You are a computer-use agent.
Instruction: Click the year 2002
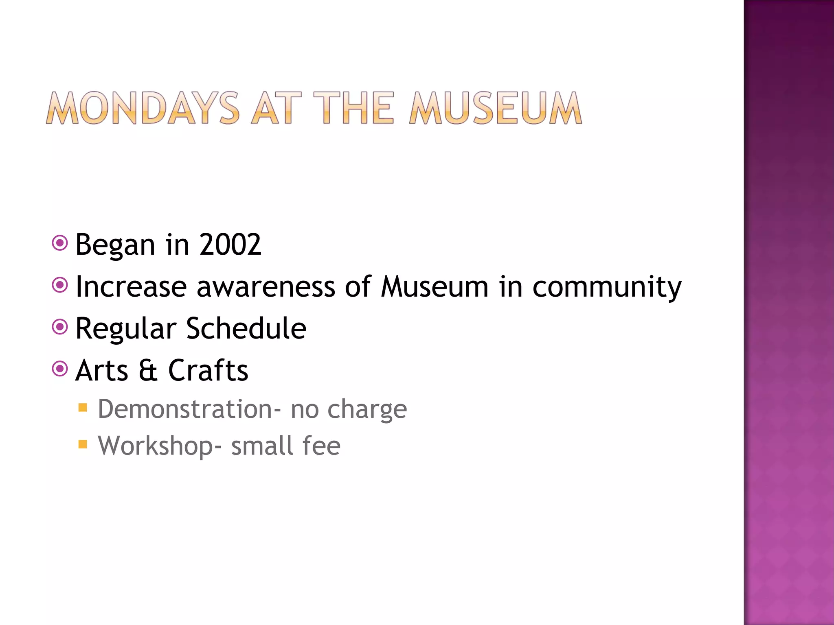coord(230,245)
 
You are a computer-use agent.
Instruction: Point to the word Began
coord(115,245)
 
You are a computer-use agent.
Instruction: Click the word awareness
coord(266,287)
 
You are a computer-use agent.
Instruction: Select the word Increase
coord(131,287)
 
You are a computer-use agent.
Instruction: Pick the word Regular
coord(126,329)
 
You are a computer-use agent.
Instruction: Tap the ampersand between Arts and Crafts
coord(148,370)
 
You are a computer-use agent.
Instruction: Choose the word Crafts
coord(208,370)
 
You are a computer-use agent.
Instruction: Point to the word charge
coord(367,410)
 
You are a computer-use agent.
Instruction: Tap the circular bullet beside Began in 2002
coord(60,243)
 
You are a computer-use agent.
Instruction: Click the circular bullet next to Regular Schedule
coord(60,327)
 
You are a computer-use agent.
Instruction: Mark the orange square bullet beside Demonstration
coord(83,407)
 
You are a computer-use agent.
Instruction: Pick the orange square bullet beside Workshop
coord(83,444)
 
